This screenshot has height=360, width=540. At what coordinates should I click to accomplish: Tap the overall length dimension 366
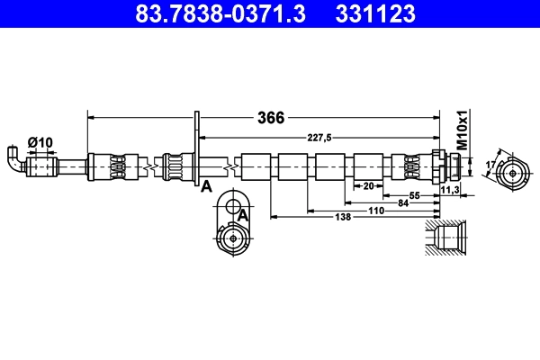click(x=271, y=117)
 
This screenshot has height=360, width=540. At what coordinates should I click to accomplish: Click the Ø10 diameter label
click(x=40, y=142)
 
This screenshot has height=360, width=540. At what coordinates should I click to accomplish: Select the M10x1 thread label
click(x=463, y=130)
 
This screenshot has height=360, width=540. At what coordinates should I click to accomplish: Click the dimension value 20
click(x=367, y=185)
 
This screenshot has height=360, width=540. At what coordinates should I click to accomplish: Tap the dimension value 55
click(x=415, y=194)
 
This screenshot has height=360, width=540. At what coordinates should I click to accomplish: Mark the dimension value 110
click(x=375, y=211)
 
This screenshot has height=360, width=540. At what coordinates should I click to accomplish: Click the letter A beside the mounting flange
click(x=206, y=186)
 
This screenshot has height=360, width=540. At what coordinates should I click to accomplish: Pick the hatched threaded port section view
click(x=445, y=239)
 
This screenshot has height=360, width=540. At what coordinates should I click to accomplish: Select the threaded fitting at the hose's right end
click(x=447, y=166)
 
